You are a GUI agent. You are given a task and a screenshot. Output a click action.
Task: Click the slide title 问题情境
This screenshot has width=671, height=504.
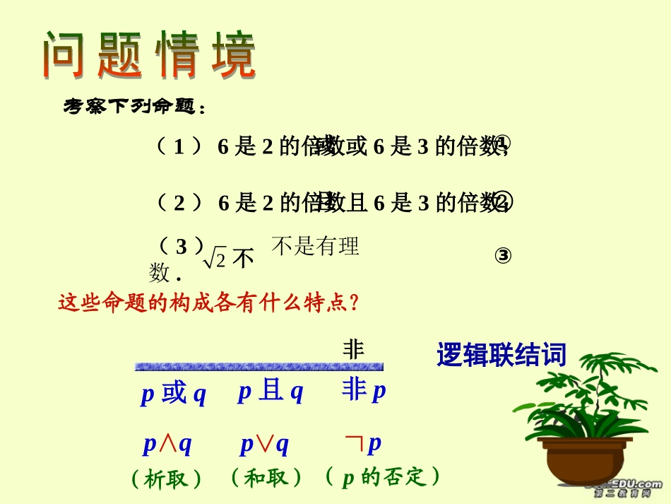tap(148, 54)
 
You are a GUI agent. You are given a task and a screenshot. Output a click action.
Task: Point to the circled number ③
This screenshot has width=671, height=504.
tap(503, 256)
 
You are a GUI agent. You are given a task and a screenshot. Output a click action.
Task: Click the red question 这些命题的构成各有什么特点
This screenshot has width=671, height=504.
tap(209, 303)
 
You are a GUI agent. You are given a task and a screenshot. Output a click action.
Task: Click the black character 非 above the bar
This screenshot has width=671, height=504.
tap(353, 349)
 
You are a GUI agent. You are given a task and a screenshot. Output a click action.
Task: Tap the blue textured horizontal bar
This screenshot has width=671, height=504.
tap(259, 367)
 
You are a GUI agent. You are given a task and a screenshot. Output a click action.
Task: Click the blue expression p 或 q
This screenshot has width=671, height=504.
tap(173, 393)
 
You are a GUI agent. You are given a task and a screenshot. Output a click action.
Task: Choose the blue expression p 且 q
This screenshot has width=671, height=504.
tap(270, 391)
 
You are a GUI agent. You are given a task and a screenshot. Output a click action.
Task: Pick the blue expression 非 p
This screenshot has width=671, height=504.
tap(364, 390)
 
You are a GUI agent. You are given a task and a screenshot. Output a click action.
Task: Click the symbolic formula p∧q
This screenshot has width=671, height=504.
tap(167, 444)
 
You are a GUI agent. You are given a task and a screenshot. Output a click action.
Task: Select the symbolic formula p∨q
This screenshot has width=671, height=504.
tap(264, 444)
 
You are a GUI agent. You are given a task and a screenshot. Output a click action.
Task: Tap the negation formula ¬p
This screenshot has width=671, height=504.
tap(363, 443)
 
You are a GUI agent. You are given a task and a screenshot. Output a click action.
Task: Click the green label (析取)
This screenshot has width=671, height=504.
tap(167, 479)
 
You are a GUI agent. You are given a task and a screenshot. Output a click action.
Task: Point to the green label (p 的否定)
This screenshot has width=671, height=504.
tap(383, 477)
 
